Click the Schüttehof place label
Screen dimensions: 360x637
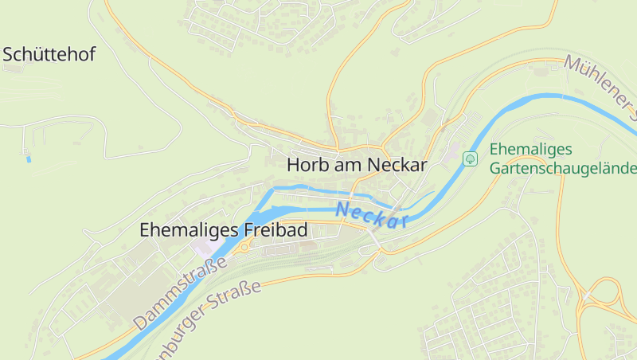[x=49, y=55]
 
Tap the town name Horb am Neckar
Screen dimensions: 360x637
[x=357, y=165]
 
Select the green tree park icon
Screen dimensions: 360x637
[x=470, y=158]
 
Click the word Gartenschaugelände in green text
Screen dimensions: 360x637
[x=564, y=168]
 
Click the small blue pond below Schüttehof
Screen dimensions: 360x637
[x=29, y=159]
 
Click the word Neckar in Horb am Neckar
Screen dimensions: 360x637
[x=397, y=165]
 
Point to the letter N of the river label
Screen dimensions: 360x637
[x=343, y=210]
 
